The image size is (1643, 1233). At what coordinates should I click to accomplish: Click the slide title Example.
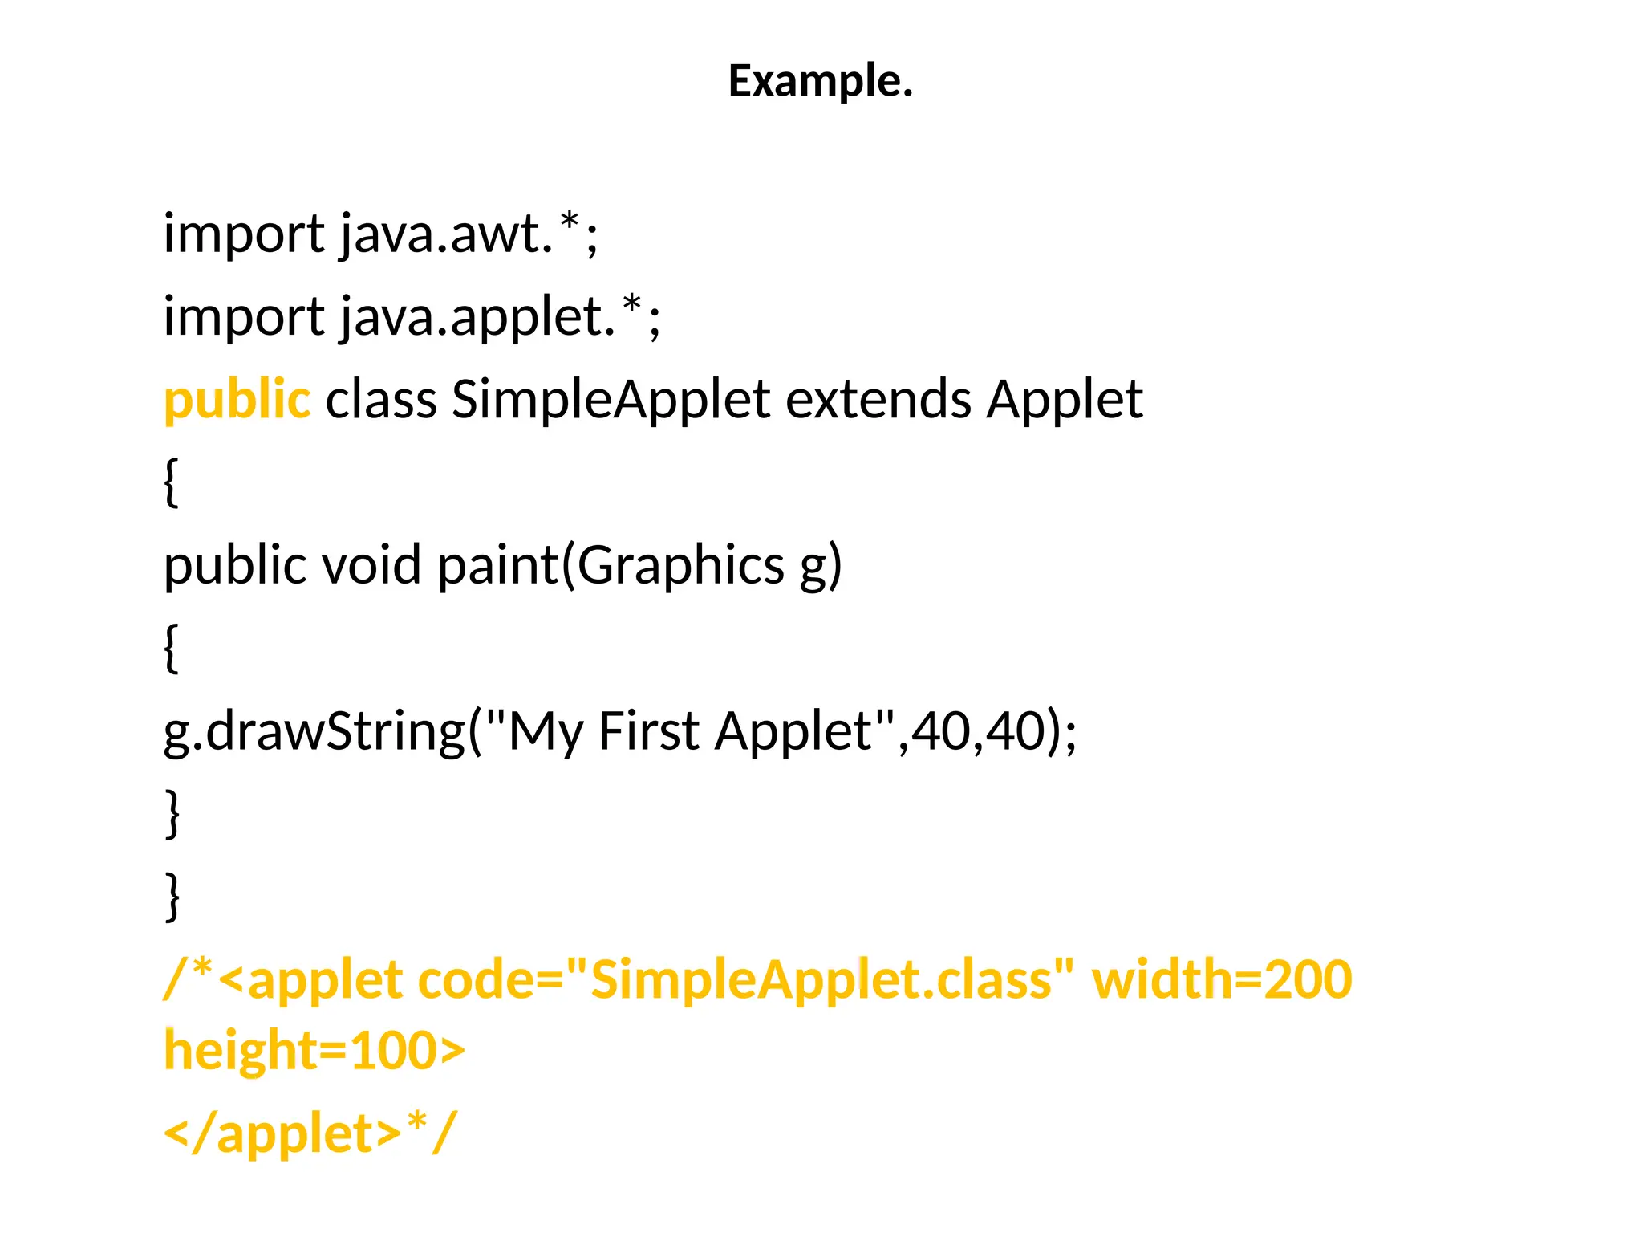pyautogui.click(x=820, y=81)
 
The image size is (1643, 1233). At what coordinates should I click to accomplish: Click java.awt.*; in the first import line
pyautogui.click(x=469, y=234)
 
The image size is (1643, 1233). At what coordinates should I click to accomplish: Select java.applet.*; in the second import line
pyautogui.click(x=501, y=317)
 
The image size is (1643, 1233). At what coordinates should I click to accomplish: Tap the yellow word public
pyautogui.click(x=237, y=400)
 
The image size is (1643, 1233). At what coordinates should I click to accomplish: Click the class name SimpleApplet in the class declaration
pyautogui.click(x=611, y=400)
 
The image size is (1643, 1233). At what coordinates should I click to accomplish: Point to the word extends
pyautogui.click(x=878, y=400)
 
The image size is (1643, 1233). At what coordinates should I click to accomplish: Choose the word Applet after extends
pyautogui.click(x=1065, y=400)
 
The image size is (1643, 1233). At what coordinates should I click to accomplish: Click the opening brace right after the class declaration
pyautogui.click(x=170, y=482)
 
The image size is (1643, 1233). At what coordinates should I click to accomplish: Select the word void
pyautogui.click(x=371, y=565)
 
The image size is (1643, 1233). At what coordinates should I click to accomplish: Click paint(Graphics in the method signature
pyautogui.click(x=611, y=565)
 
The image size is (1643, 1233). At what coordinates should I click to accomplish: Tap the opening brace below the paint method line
pyautogui.click(x=170, y=649)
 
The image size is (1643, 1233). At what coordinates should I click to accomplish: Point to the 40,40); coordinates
pyautogui.click(x=994, y=731)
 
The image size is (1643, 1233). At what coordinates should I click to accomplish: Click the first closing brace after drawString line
pyautogui.click(x=171, y=814)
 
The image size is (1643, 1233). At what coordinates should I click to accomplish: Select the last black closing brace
pyautogui.click(x=171, y=897)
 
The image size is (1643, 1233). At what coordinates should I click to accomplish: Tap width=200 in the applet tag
pyautogui.click(x=1222, y=980)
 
